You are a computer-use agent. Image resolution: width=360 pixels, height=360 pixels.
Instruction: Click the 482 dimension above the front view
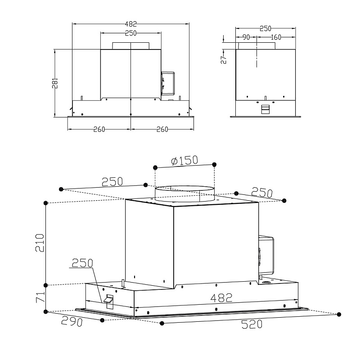[x=130, y=23]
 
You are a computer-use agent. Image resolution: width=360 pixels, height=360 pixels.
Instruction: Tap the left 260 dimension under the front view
[x=99, y=130]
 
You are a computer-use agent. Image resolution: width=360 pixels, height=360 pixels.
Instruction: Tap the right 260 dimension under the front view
[x=162, y=130]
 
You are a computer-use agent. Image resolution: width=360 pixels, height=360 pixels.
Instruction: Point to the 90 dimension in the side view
[x=246, y=37]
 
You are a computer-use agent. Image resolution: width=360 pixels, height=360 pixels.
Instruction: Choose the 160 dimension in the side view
[x=276, y=37]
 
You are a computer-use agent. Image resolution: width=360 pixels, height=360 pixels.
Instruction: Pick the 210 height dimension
[x=40, y=243]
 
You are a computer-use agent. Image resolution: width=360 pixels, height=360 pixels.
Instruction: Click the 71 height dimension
[x=40, y=298]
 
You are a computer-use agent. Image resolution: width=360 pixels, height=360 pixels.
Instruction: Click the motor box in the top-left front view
[x=168, y=83]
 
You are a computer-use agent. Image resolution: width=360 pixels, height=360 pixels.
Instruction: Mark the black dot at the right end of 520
[x=339, y=314]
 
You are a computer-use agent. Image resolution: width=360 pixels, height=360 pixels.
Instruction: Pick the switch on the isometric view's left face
[x=109, y=301]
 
